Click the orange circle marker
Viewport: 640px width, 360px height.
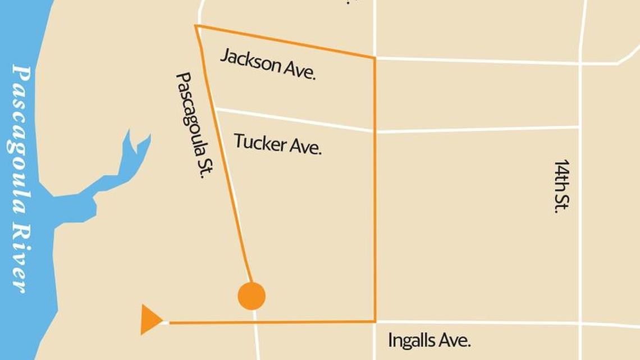[252, 296]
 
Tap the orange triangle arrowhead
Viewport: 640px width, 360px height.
[150, 320]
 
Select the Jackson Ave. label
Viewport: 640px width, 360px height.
[267, 64]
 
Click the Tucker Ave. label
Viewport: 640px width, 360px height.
[277, 143]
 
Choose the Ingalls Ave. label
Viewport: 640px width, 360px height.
[429, 340]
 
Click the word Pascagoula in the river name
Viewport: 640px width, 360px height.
[21, 140]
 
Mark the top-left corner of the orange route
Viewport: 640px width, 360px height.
[196, 26]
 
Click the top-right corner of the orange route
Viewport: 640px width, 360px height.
[374, 57]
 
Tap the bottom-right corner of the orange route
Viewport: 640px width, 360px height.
[374, 321]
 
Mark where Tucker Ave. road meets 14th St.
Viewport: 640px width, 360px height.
[579, 127]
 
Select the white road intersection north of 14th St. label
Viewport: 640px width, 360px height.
[580, 63]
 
